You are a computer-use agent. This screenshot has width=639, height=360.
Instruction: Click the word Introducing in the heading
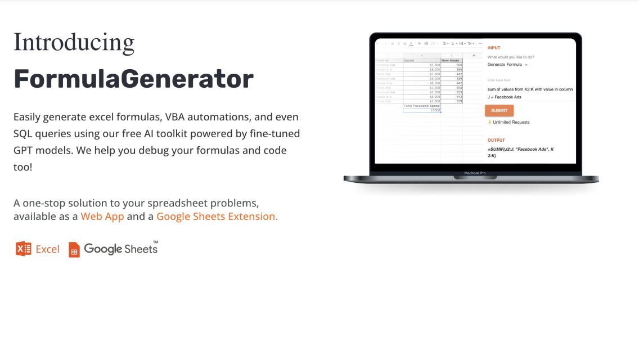click(x=74, y=43)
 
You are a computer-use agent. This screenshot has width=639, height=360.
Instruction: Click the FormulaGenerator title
click(x=133, y=79)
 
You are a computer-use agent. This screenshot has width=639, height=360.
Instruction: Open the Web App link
click(x=102, y=217)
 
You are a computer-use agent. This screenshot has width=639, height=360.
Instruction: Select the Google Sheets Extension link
click(x=217, y=217)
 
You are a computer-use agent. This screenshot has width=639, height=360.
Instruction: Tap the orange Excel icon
click(x=24, y=249)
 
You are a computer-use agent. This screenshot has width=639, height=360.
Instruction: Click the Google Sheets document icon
click(x=74, y=249)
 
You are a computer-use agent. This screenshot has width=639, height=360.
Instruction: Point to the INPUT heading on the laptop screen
click(x=494, y=48)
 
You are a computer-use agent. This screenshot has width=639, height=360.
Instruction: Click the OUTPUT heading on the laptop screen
click(x=496, y=140)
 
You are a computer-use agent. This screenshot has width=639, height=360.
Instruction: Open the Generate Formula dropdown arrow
click(x=526, y=65)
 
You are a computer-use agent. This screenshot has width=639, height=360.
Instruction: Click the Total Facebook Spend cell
click(x=422, y=106)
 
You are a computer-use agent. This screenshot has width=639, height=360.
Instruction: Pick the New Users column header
click(x=451, y=60)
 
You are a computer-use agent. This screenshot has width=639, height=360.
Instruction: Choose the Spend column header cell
click(x=422, y=60)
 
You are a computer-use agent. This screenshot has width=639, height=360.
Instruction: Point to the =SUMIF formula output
click(x=520, y=151)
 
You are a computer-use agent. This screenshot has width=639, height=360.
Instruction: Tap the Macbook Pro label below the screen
click(x=475, y=173)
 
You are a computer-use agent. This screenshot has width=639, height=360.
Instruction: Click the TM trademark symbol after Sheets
click(x=155, y=242)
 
